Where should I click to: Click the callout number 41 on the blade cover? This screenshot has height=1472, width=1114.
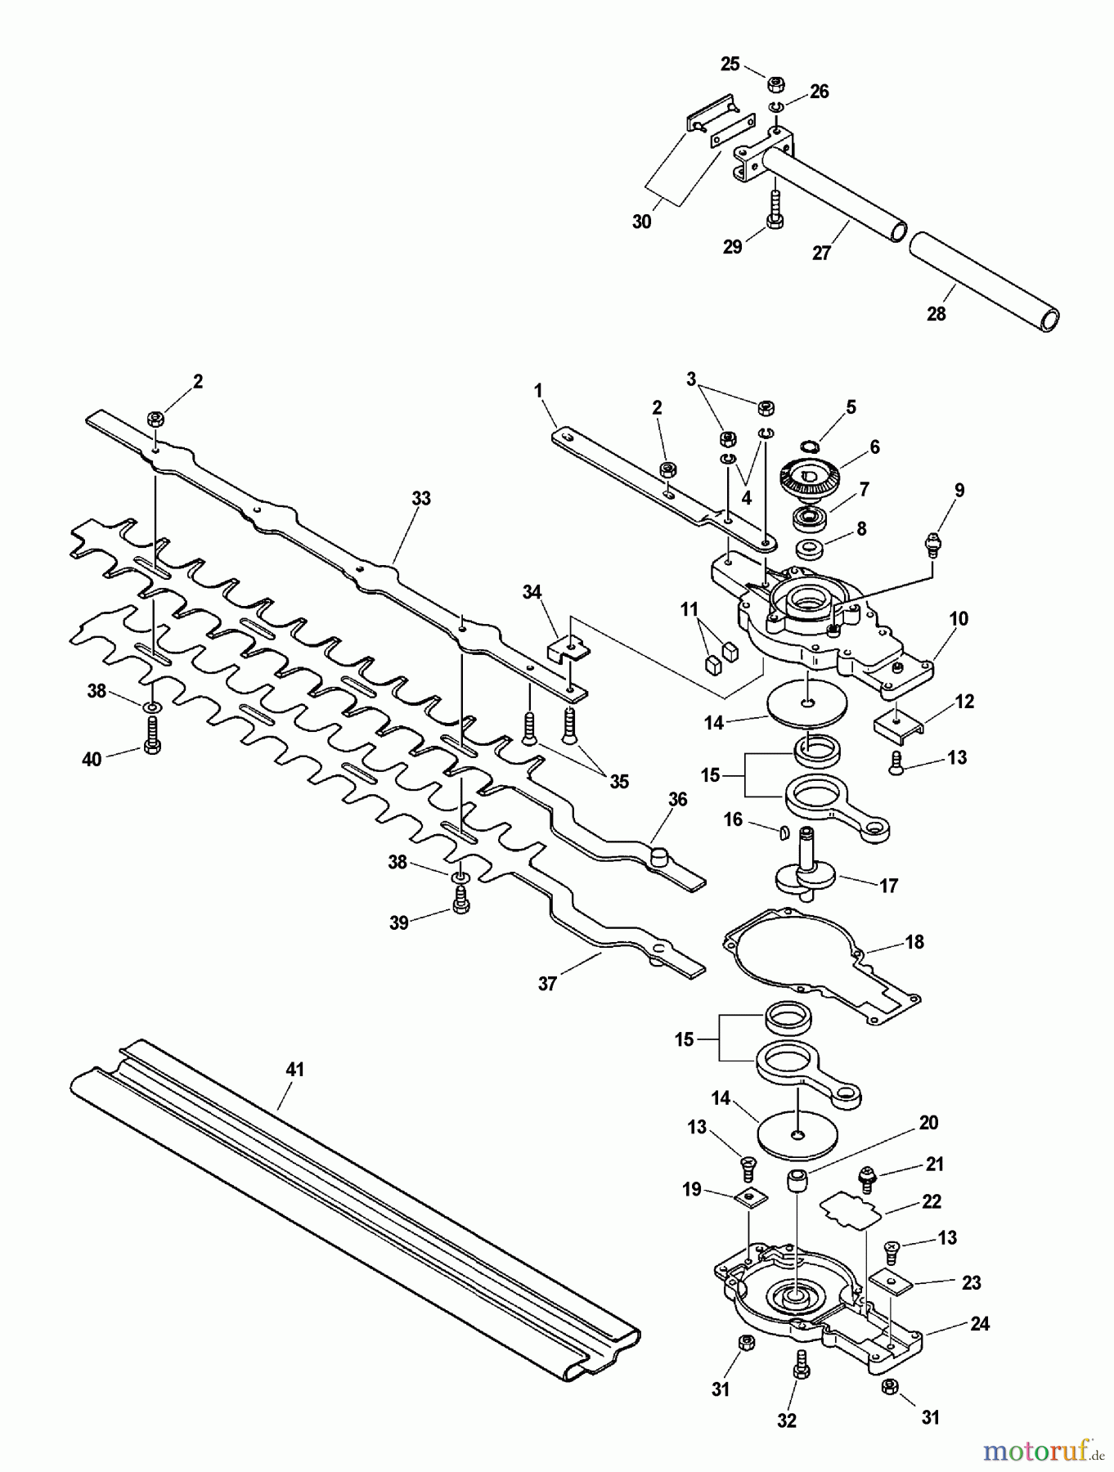tap(294, 1069)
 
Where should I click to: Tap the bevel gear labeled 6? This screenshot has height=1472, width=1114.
tap(810, 478)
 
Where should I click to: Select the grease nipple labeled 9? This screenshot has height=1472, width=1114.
tap(931, 543)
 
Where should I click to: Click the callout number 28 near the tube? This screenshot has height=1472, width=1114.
tap(936, 314)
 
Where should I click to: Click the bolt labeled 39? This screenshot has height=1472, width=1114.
tap(460, 901)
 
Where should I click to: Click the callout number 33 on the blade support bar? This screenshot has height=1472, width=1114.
tap(420, 499)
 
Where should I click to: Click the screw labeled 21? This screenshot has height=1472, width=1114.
tap(865, 1178)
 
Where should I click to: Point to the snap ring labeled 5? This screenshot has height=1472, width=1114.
tap(808, 446)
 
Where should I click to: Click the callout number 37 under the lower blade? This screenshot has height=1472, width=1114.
tap(546, 984)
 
